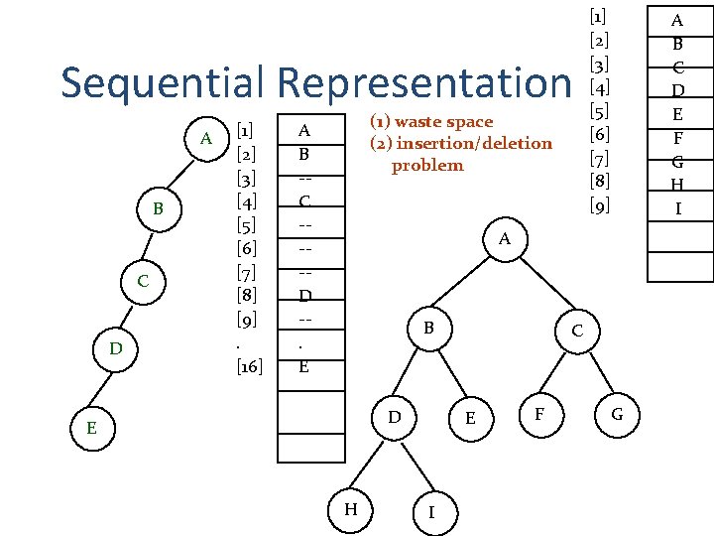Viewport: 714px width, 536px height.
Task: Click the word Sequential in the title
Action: click(164, 83)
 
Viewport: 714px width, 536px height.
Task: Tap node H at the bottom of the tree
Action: click(351, 509)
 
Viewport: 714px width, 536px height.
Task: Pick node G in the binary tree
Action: click(617, 413)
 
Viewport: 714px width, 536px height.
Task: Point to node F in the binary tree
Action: click(538, 413)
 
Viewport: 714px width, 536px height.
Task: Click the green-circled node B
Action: click(158, 209)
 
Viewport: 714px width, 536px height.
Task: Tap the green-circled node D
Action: click(116, 349)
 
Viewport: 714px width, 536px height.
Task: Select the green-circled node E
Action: click(91, 428)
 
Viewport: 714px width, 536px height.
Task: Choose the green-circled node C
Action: click(143, 281)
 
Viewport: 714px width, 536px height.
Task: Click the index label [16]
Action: click(250, 366)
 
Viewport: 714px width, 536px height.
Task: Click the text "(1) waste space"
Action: click(430, 122)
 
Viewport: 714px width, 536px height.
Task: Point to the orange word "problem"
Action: click(427, 166)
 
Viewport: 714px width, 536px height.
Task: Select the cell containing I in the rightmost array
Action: click(678, 207)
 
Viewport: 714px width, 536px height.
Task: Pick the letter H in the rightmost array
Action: click(678, 185)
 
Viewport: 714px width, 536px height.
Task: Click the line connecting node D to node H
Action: click(372, 463)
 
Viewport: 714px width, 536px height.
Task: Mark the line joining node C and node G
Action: click(597, 371)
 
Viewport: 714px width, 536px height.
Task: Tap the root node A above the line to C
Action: click(504, 239)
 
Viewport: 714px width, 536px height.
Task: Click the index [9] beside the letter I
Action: click(599, 207)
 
